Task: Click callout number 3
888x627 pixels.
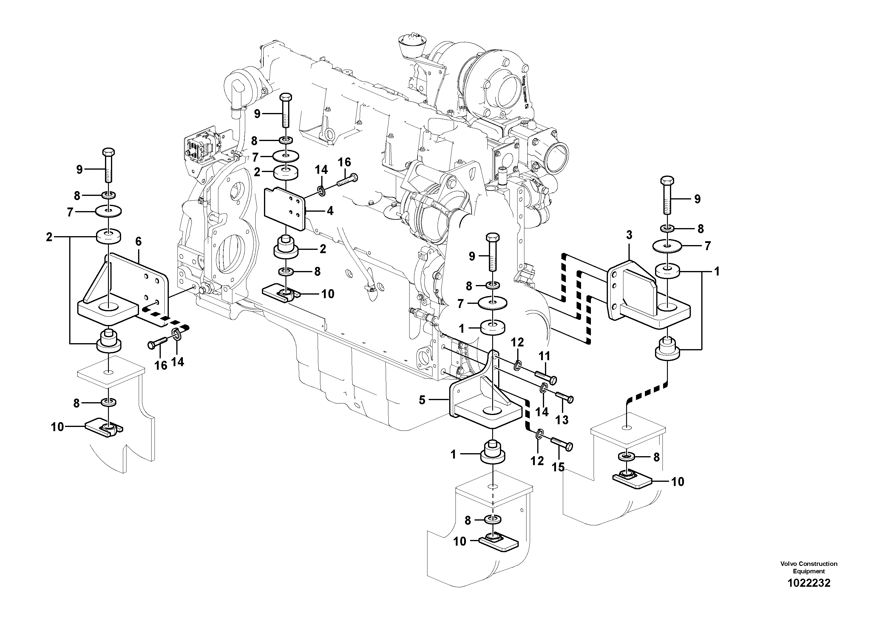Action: tap(629, 235)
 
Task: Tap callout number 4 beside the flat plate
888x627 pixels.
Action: tap(330, 211)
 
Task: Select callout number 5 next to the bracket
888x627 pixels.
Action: tap(422, 400)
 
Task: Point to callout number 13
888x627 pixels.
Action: tap(562, 419)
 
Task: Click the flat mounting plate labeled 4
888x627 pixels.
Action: tap(284, 209)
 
